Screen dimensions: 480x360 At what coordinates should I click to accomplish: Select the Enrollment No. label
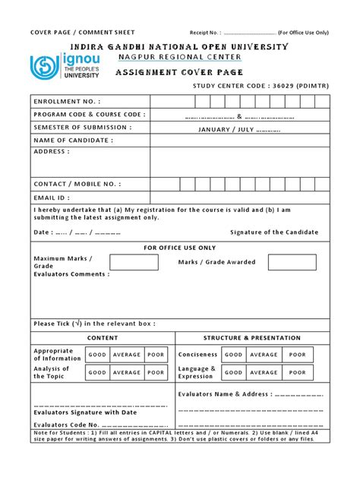point(67,102)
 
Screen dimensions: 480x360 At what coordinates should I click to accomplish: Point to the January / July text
point(238,128)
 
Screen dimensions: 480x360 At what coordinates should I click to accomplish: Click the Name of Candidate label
point(73,141)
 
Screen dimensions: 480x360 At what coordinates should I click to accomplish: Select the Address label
point(52,152)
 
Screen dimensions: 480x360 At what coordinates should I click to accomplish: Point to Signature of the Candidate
point(274,232)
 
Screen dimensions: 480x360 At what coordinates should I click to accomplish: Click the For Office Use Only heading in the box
point(180,248)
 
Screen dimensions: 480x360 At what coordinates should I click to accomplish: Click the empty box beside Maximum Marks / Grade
point(134,263)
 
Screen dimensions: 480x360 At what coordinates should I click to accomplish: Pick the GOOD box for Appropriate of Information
point(97,355)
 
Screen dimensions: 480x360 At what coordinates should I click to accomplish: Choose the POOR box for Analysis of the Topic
point(156,373)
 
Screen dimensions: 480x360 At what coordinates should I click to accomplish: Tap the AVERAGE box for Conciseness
point(264,355)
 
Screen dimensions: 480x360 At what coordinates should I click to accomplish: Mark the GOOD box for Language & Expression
point(234,373)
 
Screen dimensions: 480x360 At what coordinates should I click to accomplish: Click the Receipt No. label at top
point(204,33)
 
